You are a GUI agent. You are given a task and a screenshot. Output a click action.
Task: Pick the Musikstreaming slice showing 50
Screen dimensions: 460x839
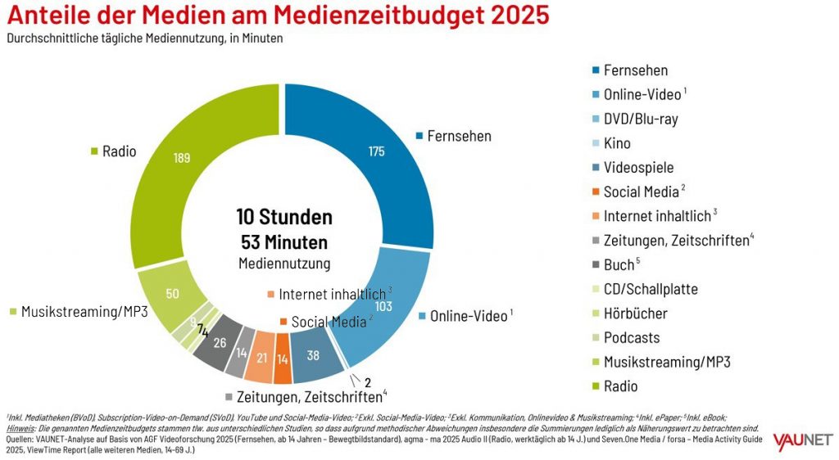click(173, 293)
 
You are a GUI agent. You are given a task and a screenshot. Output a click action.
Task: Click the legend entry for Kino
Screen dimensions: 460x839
click(616, 143)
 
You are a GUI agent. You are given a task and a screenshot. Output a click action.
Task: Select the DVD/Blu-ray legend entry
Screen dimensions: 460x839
click(640, 119)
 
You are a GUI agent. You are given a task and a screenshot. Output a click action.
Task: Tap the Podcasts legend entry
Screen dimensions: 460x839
click(631, 337)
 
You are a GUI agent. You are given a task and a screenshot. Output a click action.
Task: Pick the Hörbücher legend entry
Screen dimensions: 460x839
click(635, 313)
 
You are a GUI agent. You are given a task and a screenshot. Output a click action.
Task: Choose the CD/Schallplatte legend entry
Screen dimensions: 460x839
click(651, 289)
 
